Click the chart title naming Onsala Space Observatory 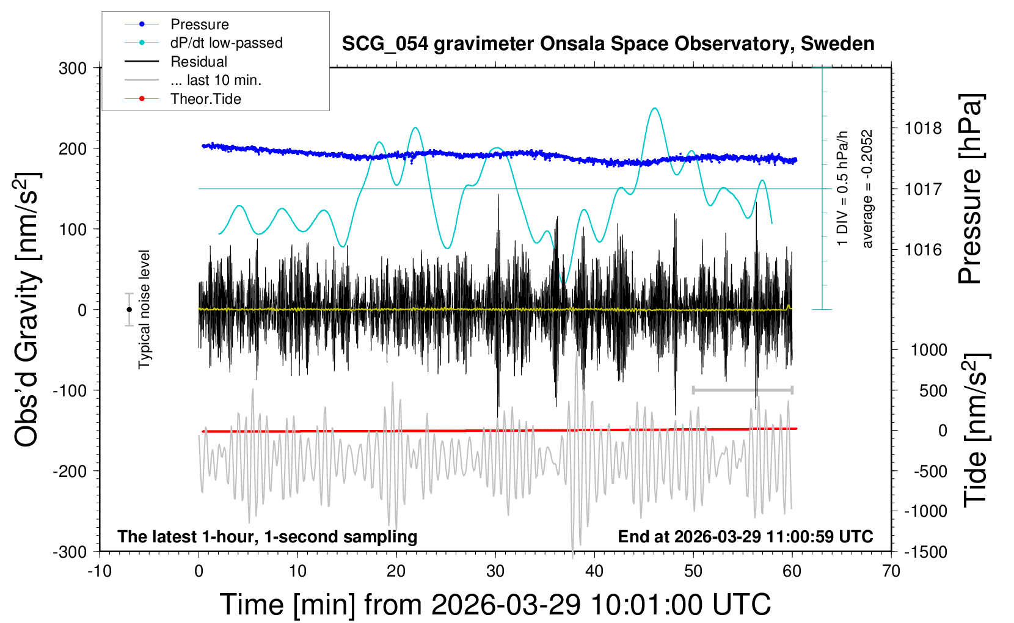(608, 44)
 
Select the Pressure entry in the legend (199, 24)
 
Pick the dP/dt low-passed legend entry (226, 43)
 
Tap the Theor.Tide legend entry (205, 99)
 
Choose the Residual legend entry (199, 62)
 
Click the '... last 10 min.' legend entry (216, 80)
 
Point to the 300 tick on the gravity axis (73, 68)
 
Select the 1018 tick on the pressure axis (923, 128)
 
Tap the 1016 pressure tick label (923, 250)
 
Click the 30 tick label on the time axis (495, 572)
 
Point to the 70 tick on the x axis (891, 572)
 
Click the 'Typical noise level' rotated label (144, 309)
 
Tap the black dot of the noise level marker (129, 310)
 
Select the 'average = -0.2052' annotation (867, 189)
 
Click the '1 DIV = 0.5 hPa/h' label (843, 189)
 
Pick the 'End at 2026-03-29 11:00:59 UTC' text (745, 537)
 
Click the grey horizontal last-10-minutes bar (742, 390)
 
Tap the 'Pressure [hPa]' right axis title (970, 189)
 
